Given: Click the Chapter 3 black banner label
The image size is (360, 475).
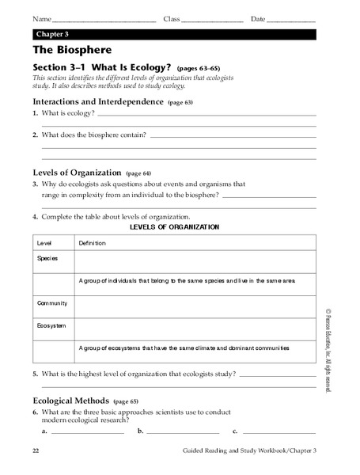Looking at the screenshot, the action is (x=51, y=35).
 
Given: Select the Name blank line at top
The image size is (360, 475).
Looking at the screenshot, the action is (x=103, y=20).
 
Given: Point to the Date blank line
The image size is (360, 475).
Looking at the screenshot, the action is (x=292, y=20).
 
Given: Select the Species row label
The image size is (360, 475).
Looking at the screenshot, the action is (x=47, y=258).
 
